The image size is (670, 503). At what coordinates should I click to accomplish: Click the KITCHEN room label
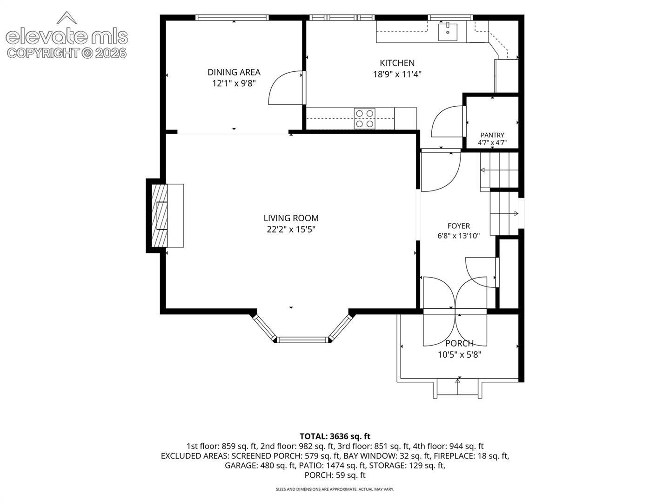397,63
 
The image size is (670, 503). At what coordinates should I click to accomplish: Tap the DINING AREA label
234,72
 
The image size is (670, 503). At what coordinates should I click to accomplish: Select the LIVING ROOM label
291,218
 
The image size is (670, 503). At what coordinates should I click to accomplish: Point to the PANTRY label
492,135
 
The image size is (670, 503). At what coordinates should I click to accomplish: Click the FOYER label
458,226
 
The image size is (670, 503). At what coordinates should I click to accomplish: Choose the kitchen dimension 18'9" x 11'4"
397,74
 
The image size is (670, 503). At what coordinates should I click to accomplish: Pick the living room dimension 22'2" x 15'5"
291,229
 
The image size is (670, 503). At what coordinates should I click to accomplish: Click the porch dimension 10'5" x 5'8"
459,354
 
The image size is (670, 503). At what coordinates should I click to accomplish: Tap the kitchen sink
448,32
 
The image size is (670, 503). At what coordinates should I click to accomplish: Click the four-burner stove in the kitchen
364,118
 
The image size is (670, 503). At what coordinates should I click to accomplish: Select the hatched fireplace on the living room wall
159,215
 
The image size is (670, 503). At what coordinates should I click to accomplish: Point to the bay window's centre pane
302,339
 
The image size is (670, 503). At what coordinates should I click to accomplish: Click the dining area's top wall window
232,18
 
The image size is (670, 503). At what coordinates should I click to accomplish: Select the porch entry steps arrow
457,387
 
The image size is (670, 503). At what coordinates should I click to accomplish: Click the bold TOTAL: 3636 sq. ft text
335,436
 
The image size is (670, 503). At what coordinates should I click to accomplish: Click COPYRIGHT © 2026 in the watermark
67,54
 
